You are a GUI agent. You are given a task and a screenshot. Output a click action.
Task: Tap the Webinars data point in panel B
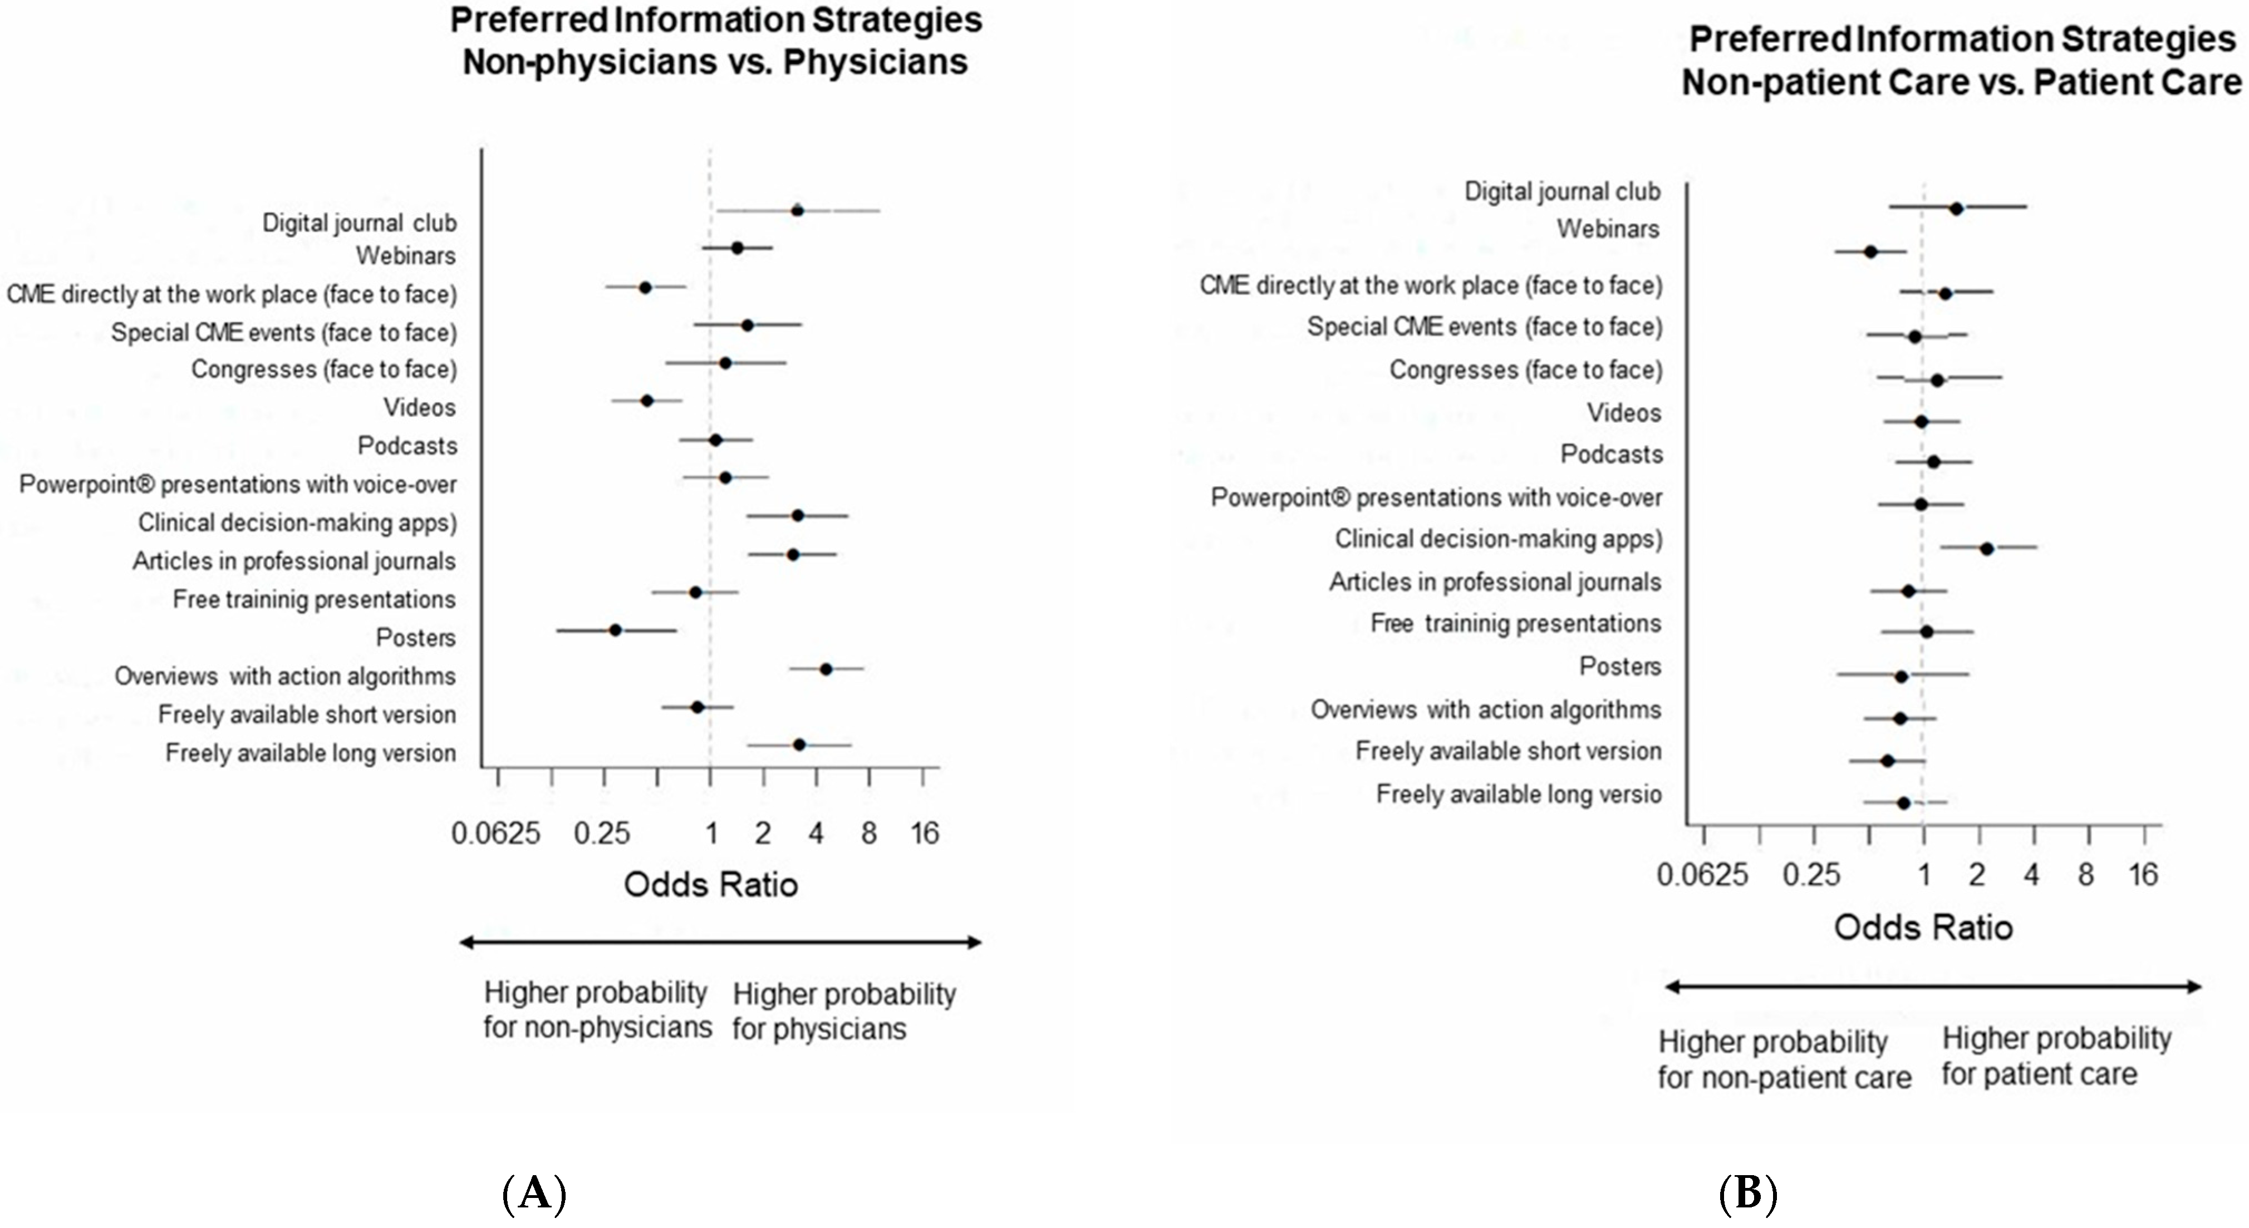1870,252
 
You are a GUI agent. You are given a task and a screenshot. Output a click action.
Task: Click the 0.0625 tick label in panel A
495,834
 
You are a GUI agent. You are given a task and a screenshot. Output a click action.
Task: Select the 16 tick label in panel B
2143,875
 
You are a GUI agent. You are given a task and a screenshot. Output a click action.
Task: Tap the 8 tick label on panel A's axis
868,834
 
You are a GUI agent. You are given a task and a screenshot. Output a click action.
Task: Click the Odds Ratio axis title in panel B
1923,927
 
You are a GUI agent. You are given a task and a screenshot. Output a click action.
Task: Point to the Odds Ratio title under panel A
711,885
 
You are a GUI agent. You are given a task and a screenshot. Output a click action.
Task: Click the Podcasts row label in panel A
407,446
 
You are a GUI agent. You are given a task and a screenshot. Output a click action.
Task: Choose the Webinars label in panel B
1608,229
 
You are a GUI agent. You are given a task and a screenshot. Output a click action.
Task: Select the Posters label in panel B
1619,667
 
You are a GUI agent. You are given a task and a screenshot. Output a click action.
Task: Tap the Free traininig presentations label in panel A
315,600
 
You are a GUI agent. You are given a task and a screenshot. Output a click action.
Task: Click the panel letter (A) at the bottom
534,1193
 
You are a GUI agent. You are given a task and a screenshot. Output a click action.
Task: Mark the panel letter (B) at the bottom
1748,1193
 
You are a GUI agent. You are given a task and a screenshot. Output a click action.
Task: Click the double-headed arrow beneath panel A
720,942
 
